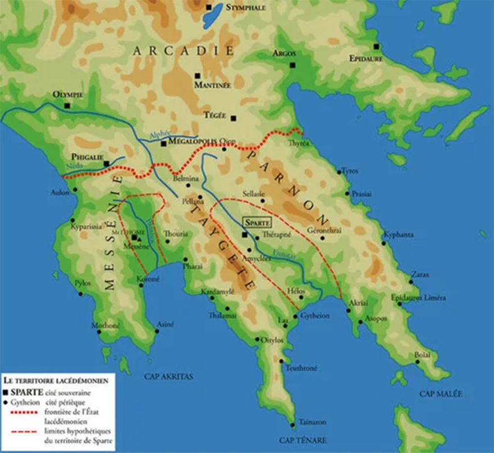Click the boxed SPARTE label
coord(257,222)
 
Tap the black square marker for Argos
coord(292,65)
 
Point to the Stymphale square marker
coord(209,7)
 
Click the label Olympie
coord(67,95)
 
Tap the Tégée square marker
coord(234,118)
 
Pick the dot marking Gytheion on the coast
coord(296,317)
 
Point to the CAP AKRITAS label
coord(168,377)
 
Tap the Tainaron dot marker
coord(293,424)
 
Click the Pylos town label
coord(82,283)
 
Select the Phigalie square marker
coord(106,164)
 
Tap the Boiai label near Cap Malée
coord(422,355)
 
